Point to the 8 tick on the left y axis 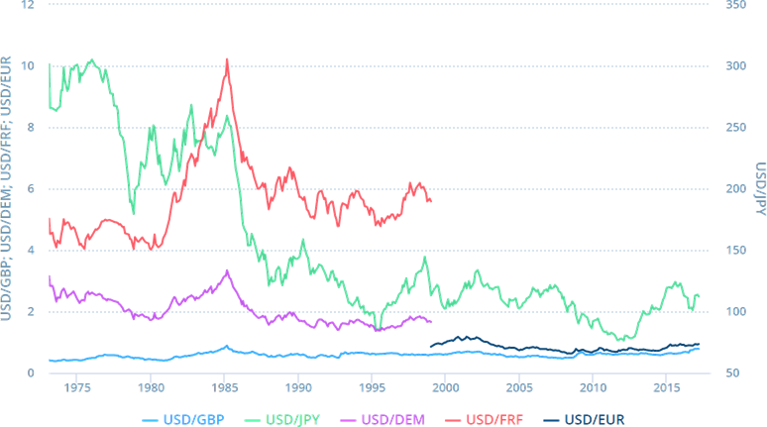pos(31,128)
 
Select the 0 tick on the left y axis pos(31,373)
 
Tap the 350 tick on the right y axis pos(733,5)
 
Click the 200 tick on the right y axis pos(733,189)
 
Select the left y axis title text pos(8,189)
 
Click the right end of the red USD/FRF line pos(431,201)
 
